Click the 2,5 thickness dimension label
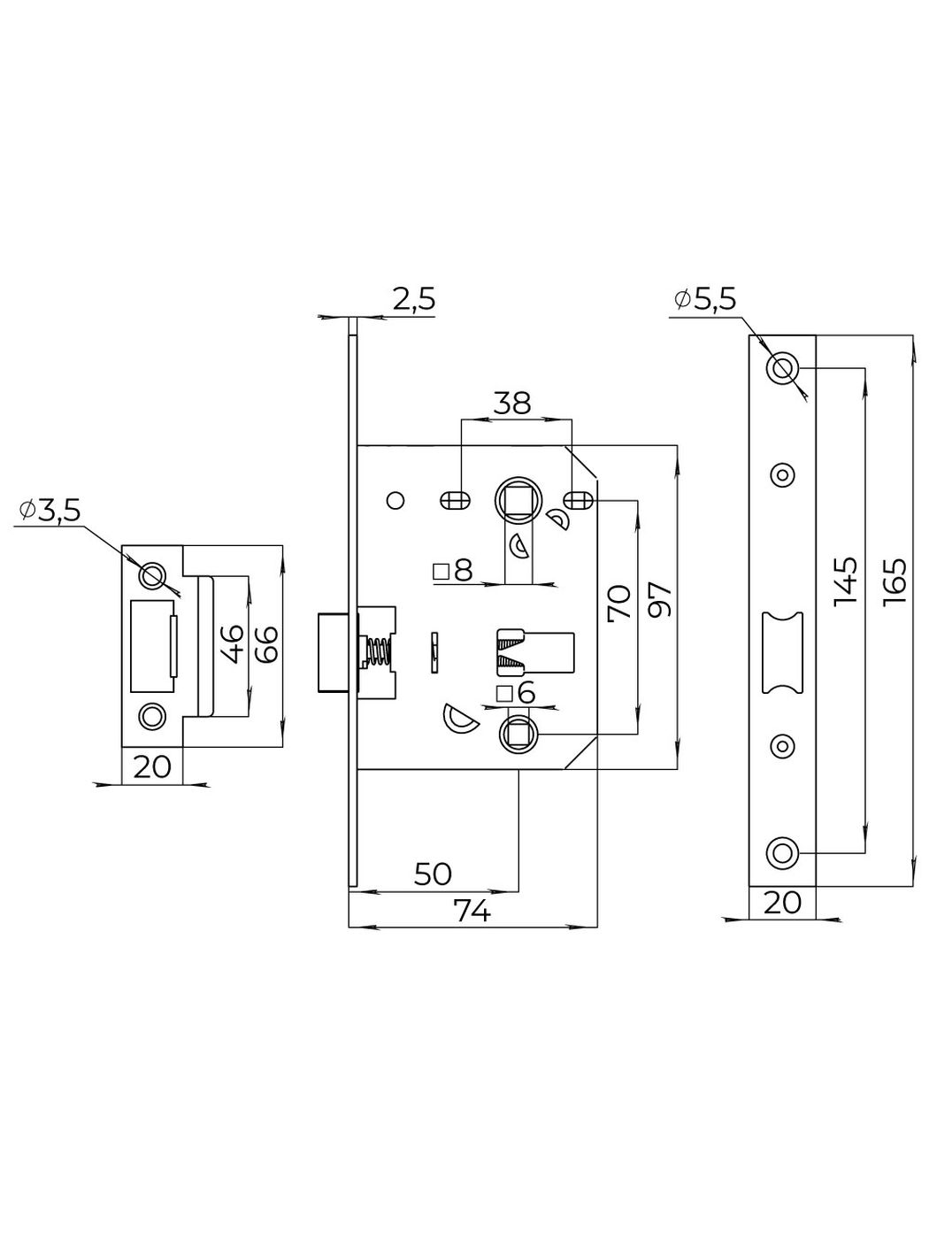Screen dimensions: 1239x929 point(414,299)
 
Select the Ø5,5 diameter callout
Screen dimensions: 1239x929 point(704,301)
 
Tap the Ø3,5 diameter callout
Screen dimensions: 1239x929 point(50,510)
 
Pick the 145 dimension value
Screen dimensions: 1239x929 point(846,581)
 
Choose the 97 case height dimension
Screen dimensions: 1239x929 point(660,601)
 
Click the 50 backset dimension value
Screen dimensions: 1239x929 point(434,874)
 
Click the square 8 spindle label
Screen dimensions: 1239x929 point(453,571)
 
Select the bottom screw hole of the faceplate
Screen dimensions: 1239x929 point(782,852)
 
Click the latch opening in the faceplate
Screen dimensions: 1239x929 point(782,652)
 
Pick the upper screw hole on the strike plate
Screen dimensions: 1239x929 point(152,575)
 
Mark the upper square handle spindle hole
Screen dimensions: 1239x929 point(517,500)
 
